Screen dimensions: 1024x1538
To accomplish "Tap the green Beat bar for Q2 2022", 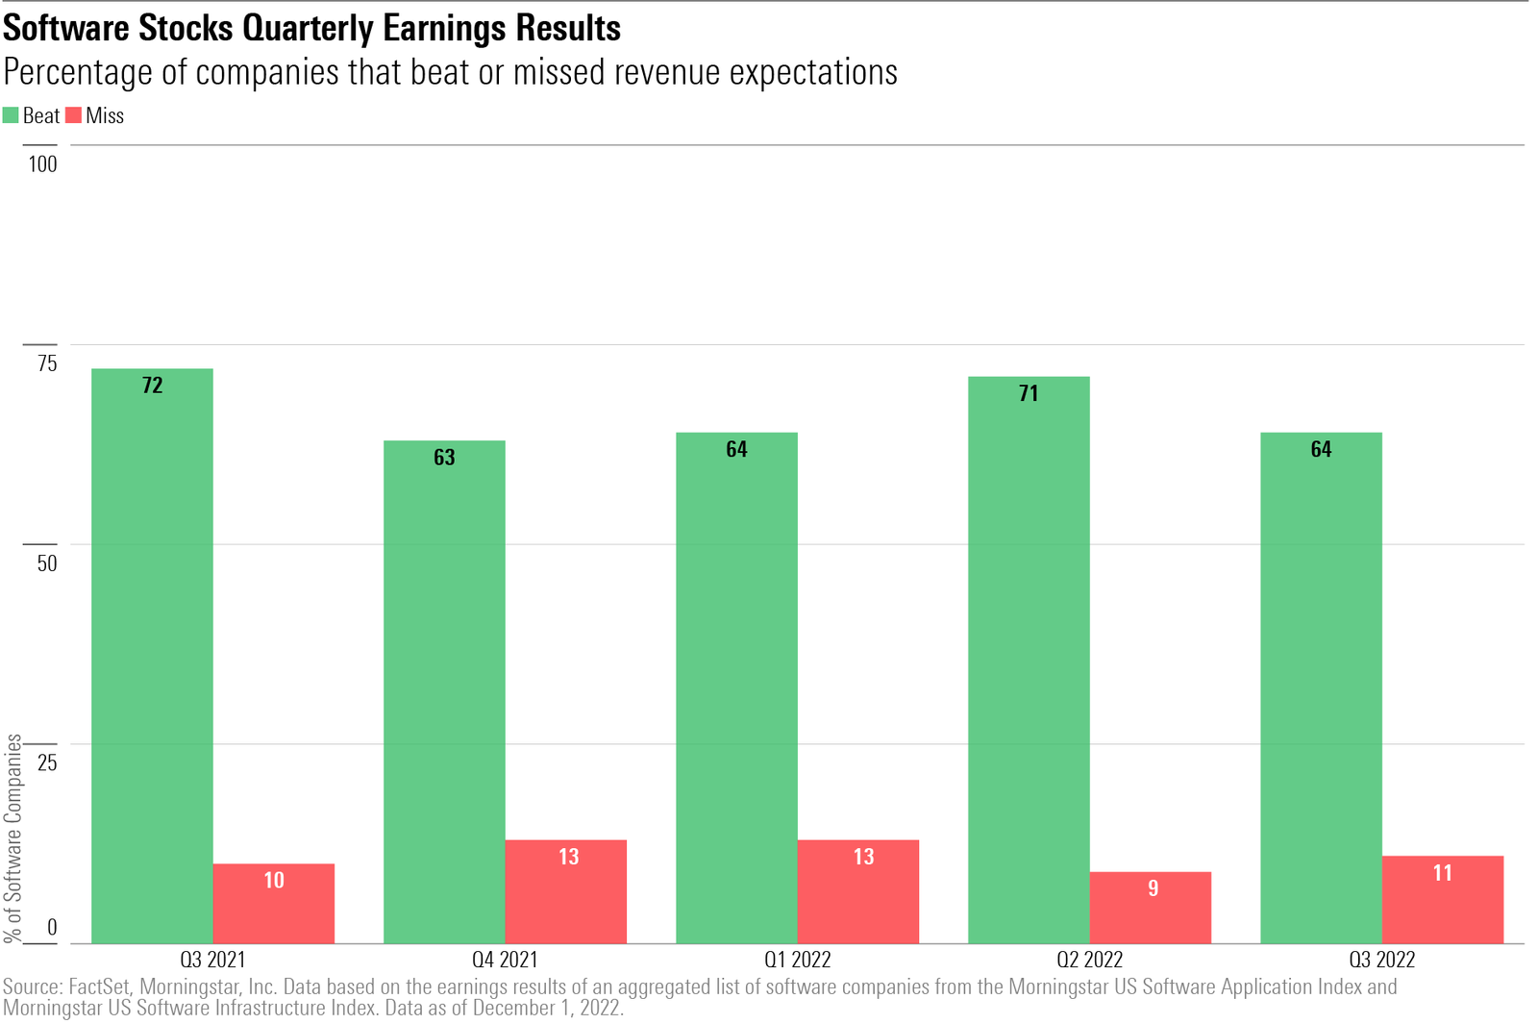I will [1029, 663].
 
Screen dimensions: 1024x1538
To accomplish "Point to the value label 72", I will [152, 386].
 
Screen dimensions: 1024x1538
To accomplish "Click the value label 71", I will [1029, 393].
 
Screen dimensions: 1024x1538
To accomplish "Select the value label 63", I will [444, 458].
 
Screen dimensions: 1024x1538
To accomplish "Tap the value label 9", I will [1153, 888].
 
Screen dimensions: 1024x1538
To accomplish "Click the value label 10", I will [274, 881].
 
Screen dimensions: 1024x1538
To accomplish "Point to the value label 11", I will [1442, 873].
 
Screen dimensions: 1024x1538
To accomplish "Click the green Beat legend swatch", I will [11, 115].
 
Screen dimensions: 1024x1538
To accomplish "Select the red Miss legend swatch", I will [73, 115].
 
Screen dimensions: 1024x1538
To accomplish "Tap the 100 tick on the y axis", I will [42, 164].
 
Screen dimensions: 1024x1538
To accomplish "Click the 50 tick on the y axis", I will [47, 563].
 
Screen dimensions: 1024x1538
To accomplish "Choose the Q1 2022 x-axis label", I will [797, 960].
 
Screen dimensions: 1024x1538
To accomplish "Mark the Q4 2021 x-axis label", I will [505, 960].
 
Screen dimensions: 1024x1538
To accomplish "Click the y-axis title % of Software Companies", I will [13, 837].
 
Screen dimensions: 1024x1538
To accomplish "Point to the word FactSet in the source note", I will [100, 987].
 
